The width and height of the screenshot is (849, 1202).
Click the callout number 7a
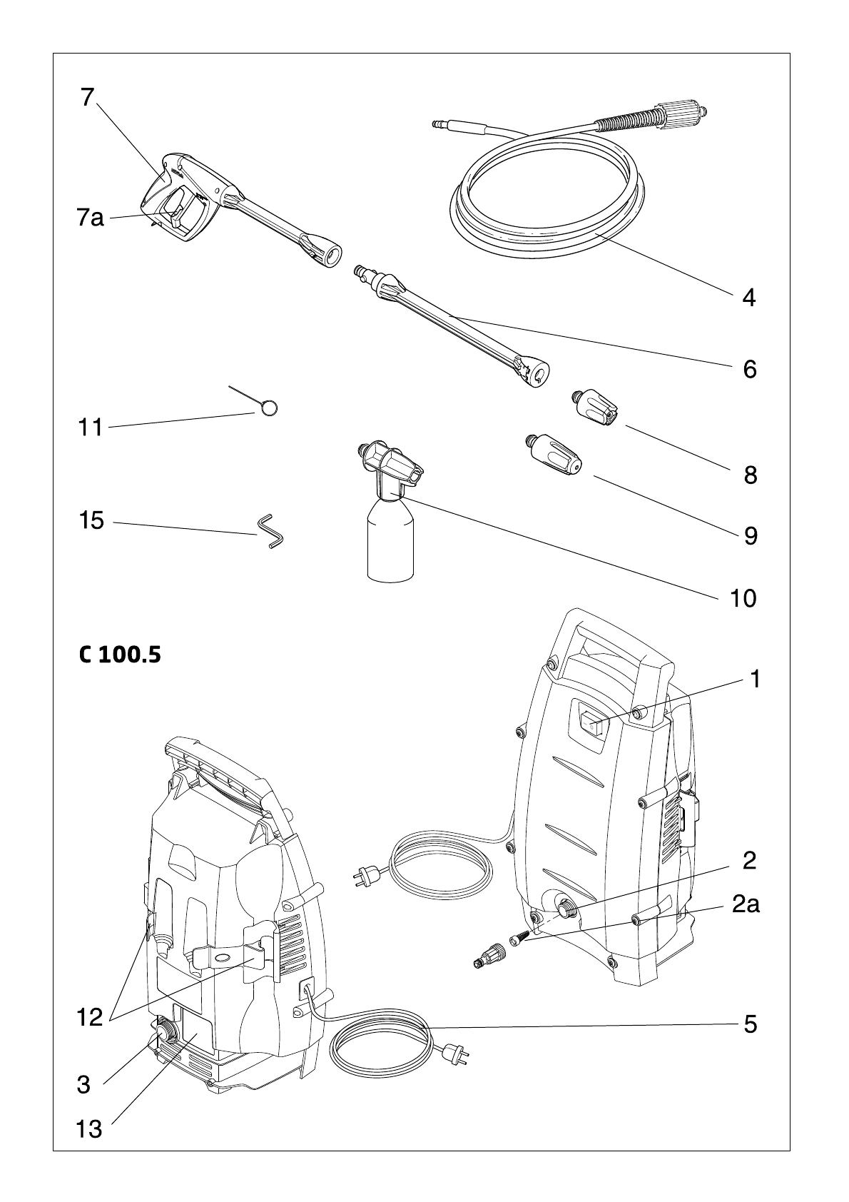(91, 218)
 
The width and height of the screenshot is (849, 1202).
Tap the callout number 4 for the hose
(749, 298)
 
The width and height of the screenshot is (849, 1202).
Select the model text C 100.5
(120, 655)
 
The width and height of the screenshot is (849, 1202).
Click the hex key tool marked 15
(270, 532)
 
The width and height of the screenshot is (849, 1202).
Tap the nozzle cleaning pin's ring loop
(270, 408)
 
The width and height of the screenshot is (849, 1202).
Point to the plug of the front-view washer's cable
(366, 877)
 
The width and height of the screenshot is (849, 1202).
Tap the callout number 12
(90, 1017)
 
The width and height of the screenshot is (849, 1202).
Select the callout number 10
(743, 598)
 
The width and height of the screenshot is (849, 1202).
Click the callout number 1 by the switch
(755, 680)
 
